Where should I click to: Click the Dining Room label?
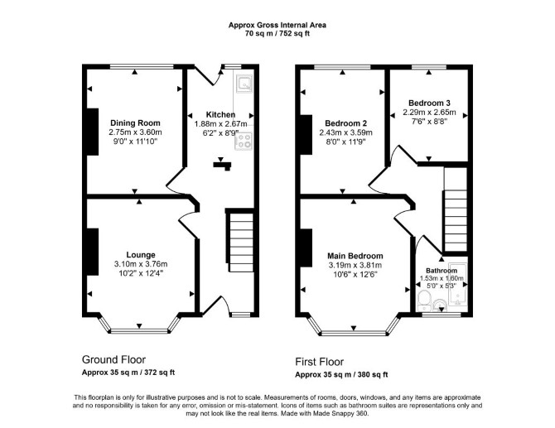tap(135, 123)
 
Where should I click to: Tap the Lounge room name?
tap(141, 255)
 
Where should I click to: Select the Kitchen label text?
tap(220, 114)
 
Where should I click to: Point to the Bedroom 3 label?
tap(429, 103)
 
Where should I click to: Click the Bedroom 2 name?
tap(345, 123)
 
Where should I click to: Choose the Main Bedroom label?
tap(355, 256)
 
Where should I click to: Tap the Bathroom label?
tap(442, 271)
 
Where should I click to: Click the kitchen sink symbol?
tap(244, 84)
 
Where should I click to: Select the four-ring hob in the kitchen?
tap(244, 141)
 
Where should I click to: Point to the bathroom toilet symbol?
tap(423, 301)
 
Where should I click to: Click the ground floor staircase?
tap(241, 241)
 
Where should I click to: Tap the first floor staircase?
tap(456, 209)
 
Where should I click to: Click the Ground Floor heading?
tap(113, 360)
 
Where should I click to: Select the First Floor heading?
tap(319, 362)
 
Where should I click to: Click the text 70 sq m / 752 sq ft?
tap(277, 34)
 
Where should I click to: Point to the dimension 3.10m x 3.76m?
tap(141, 264)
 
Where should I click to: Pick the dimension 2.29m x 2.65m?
tap(429, 113)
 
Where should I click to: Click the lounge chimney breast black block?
tap(93, 252)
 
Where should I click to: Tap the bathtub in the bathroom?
tap(457, 284)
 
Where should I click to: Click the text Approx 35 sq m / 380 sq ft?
tap(341, 374)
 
